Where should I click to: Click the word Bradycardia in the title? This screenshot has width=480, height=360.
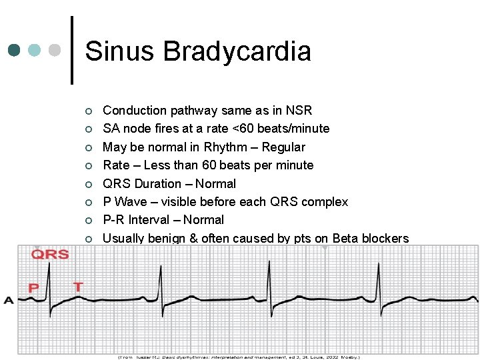point(237,51)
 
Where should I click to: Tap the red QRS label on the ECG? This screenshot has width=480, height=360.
point(50,254)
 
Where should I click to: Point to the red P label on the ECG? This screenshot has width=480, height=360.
point(33,288)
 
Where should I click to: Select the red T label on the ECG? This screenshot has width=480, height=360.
point(78,287)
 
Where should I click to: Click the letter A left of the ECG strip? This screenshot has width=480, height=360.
point(9,300)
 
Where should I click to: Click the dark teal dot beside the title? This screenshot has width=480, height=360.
point(15,50)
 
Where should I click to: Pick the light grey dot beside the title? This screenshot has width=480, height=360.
point(55,50)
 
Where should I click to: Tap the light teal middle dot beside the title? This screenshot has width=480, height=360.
point(35,50)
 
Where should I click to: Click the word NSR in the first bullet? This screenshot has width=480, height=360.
point(298,111)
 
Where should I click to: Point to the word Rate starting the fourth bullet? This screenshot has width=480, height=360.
point(117,165)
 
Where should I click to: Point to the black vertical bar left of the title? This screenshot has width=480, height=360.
point(72,50)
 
